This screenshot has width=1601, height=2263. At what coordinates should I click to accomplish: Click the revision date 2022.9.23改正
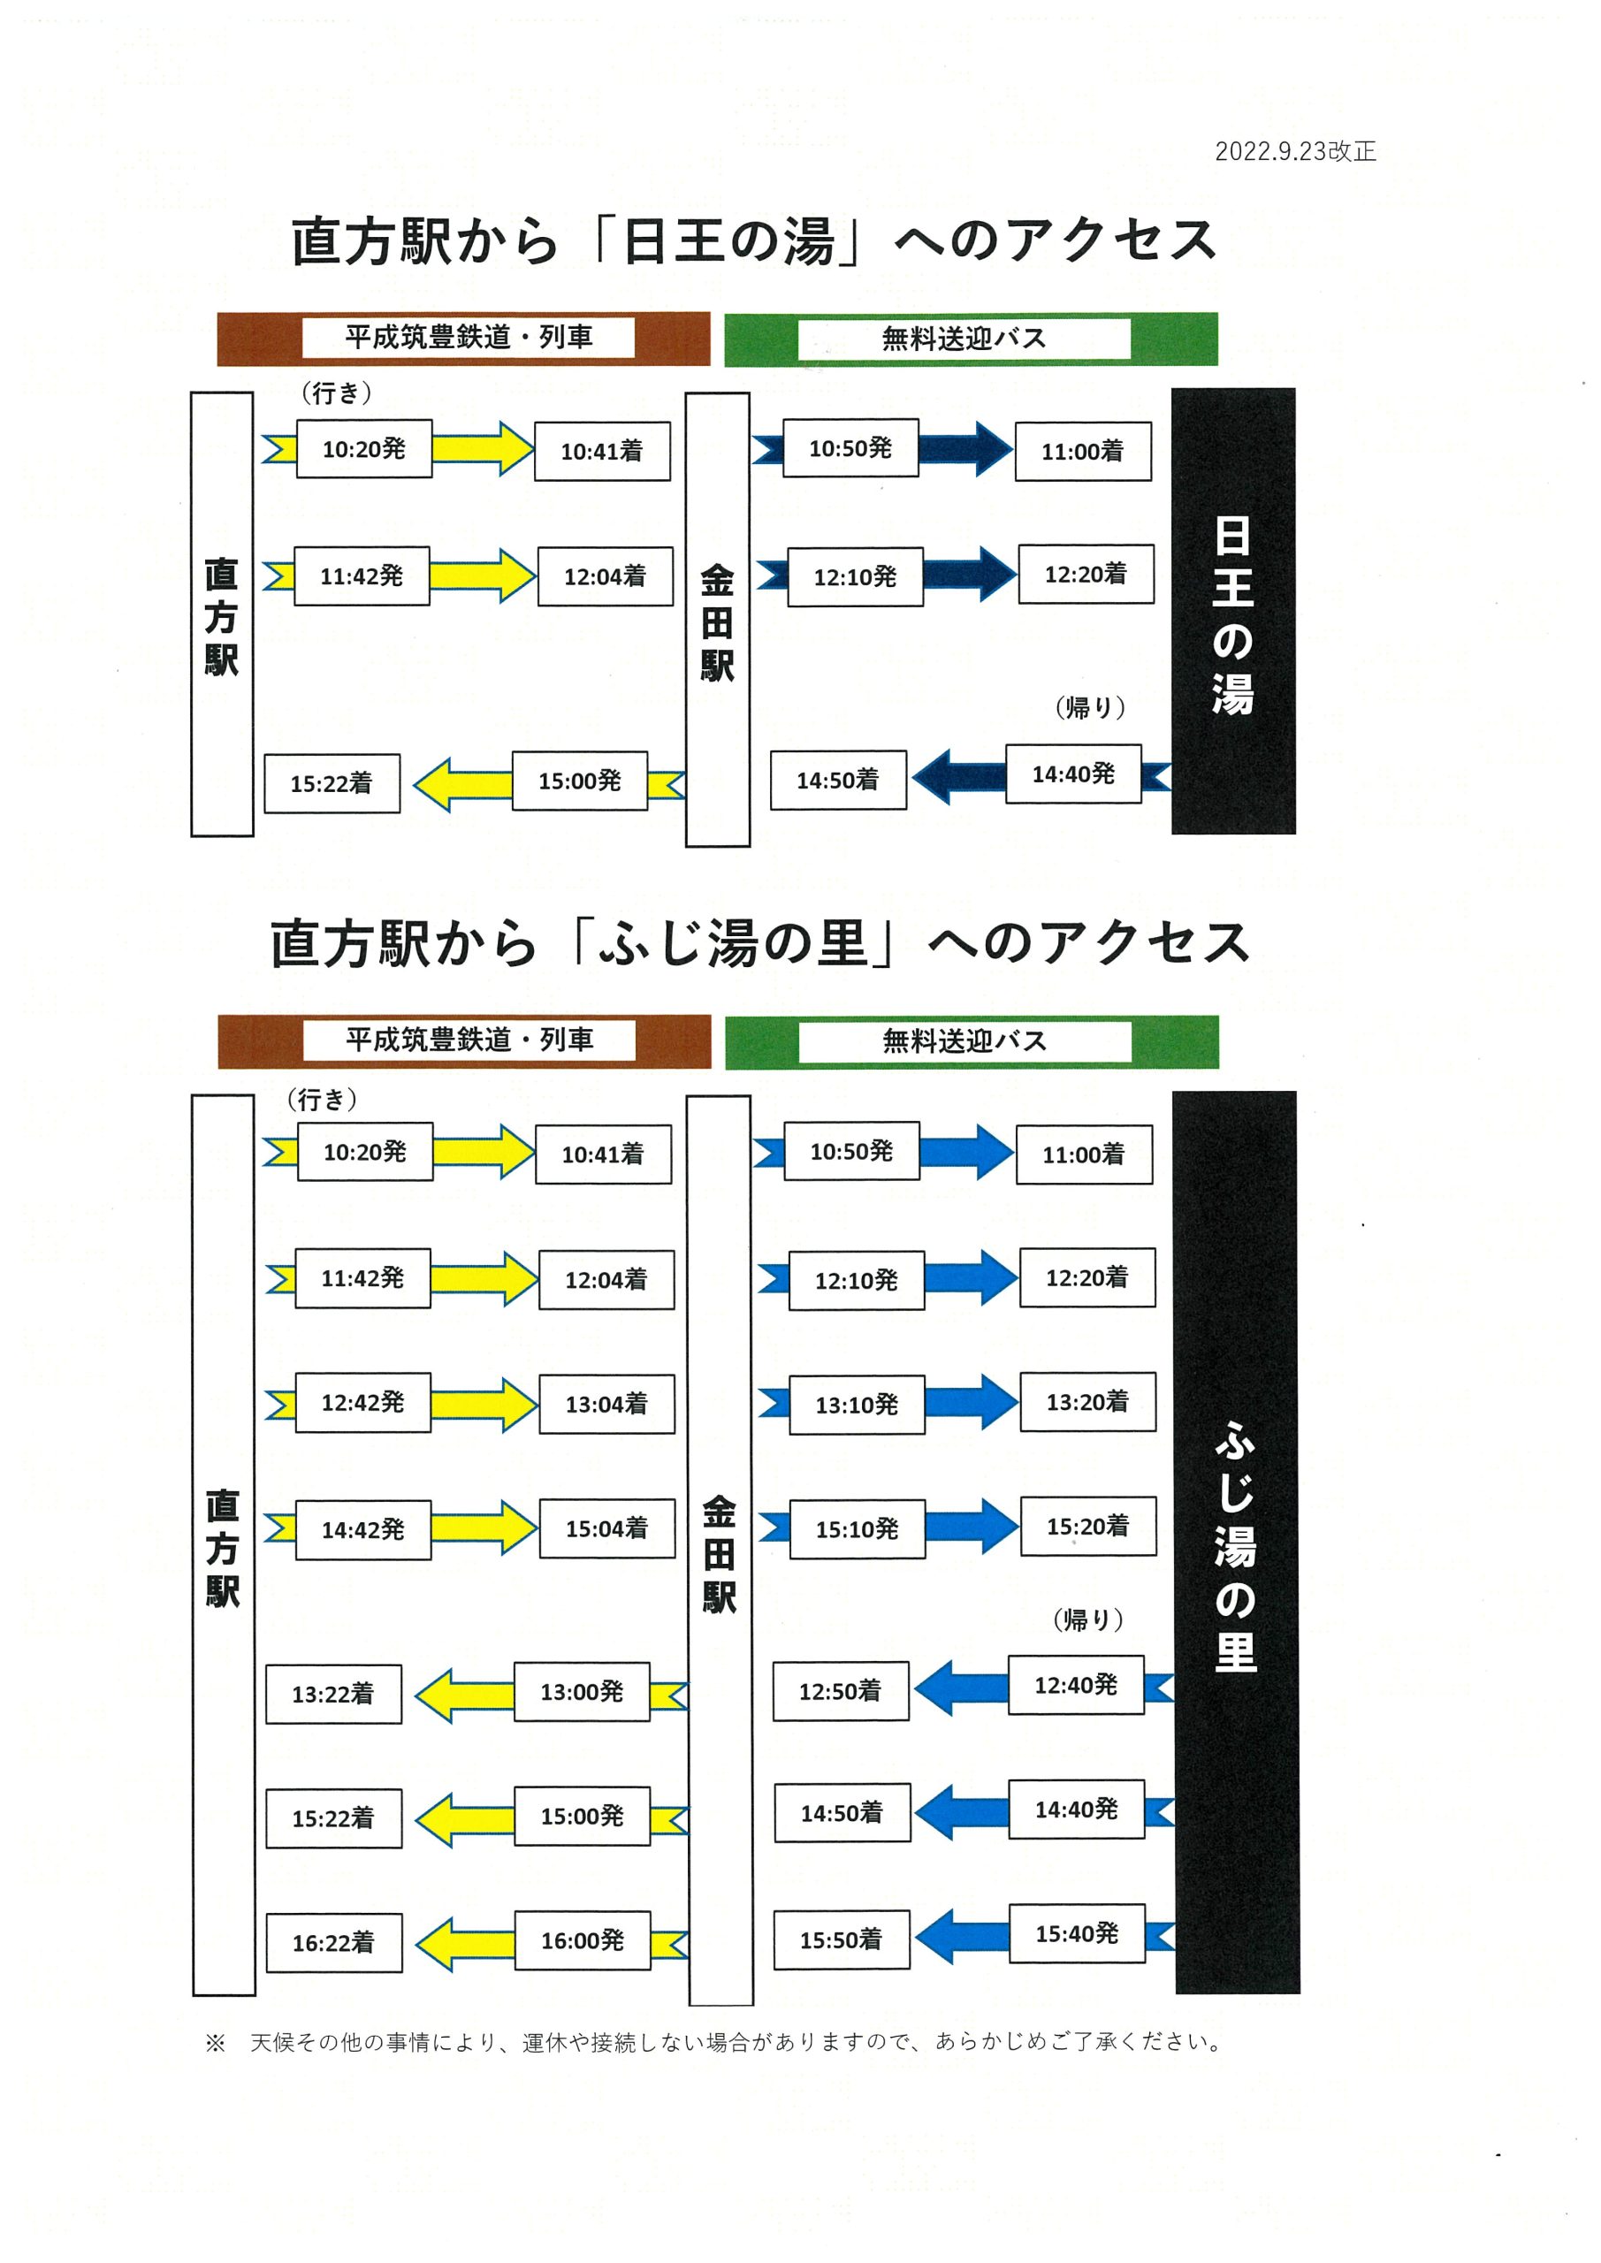[x=1294, y=151]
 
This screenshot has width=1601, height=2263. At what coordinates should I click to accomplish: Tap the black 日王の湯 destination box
[x=1232, y=611]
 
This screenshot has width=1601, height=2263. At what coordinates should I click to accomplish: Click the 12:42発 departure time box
[x=362, y=1403]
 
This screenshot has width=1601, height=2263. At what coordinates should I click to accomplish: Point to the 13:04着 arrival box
[x=606, y=1404]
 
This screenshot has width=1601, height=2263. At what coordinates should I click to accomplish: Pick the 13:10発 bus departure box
[x=857, y=1405]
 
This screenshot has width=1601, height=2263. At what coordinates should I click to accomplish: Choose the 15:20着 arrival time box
[x=1087, y=1527]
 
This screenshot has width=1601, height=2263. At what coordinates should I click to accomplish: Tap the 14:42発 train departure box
[x=362, y=1529]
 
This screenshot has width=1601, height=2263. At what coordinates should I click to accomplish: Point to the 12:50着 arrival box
[x=841, y=1691]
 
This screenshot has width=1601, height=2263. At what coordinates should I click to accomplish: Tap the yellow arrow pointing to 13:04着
[x=485, y=1405]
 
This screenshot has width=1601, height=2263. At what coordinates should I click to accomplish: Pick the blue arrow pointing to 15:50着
[x=961, y=1937]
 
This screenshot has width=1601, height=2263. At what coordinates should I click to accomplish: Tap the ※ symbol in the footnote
[x=215, y=2042]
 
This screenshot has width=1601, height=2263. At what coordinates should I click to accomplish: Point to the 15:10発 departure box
[x=857, y=1529]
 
